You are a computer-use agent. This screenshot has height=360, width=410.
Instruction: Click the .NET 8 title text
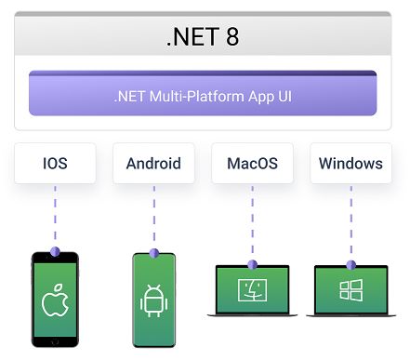tap(204, 38)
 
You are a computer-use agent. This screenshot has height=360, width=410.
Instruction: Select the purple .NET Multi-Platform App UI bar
tap(203, 94)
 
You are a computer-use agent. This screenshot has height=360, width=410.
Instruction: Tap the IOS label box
tap(55, 164)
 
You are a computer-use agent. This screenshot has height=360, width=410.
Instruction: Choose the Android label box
tap(153, 164)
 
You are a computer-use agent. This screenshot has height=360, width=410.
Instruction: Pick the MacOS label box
tap(252, 164)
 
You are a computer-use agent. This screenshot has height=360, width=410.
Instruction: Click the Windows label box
tap(350, 164)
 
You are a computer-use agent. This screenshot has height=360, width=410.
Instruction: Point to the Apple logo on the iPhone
tap(55, 303)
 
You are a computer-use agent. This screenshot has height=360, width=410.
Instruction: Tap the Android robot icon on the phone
tap(152, 301)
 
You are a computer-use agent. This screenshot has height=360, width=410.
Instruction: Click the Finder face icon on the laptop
tap(252, 289)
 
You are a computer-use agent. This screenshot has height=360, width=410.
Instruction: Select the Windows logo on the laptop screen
tap(350, 290)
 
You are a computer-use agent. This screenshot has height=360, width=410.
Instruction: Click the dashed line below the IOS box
tap(55, 217)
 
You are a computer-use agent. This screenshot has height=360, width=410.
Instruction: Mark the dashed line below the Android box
tap(153, 217)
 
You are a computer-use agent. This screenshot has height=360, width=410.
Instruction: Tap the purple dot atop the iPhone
tap(55, 252)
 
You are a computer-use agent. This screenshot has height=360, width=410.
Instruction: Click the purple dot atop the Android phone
tap(153, 251)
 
